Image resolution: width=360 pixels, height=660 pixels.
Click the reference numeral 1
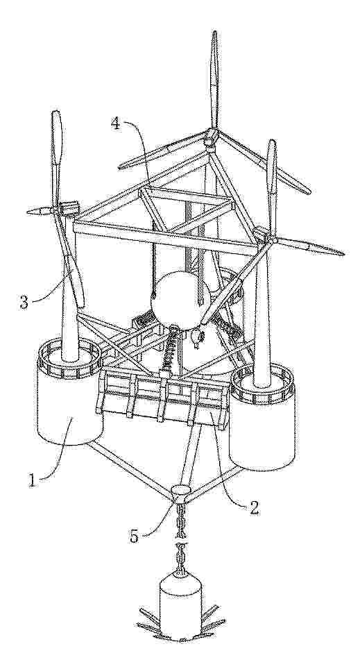(x=33, y=480)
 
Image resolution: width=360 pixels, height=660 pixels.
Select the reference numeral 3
(x=25, y=303)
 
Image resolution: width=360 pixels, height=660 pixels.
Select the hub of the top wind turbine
(x=212, y=137)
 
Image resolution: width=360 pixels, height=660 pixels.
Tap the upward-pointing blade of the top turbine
(x=214, y=80)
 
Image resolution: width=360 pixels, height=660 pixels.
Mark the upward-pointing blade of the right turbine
(x=272, y=187)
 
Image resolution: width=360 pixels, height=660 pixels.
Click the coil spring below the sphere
(x=168, y=348)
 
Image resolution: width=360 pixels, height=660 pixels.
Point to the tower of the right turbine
(x=262, y=312)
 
